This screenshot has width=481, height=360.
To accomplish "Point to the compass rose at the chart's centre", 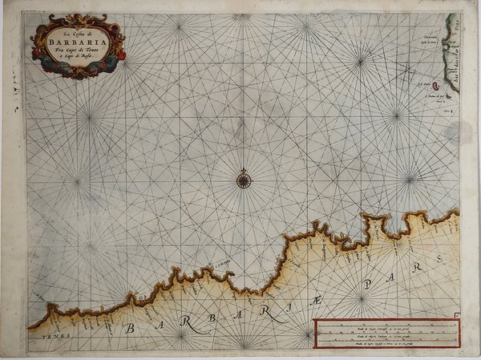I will click(244, 180).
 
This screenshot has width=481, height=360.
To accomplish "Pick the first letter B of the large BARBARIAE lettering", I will click(128, 326).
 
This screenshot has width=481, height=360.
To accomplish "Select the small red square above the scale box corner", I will click(455, 314).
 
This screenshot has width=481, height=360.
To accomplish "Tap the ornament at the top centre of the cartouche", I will click(78, 18).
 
